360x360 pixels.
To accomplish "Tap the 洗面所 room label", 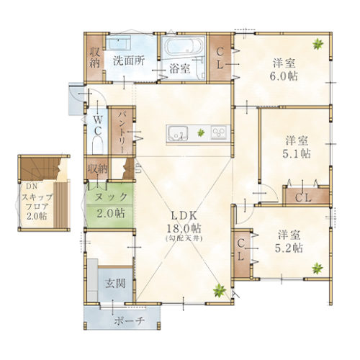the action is (129, 60).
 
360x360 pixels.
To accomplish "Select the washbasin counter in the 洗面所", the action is (118, 42).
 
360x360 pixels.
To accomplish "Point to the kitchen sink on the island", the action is (179, 132).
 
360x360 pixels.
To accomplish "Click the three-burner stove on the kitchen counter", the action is (218, 132).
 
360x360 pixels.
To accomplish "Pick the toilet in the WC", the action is (97, 145).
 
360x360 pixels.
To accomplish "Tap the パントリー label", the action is (121, 132).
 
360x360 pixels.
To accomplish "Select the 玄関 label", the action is (115, 284).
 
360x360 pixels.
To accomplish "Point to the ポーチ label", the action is (130, 320).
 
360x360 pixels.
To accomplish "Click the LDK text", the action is (184, 216).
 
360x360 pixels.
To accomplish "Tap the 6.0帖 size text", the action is (284, 76).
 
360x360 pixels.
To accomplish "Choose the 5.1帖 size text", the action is (297, 154).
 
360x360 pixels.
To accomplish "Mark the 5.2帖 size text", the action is (289, 248).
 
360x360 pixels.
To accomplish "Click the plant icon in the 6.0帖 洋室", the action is (318, 44).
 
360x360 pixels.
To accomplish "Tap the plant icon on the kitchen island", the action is (201, 132).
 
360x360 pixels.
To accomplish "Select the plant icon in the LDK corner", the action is (220, 290).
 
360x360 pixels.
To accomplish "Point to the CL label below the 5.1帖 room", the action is (303, 198).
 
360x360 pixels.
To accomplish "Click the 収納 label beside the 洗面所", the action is (95, 58).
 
